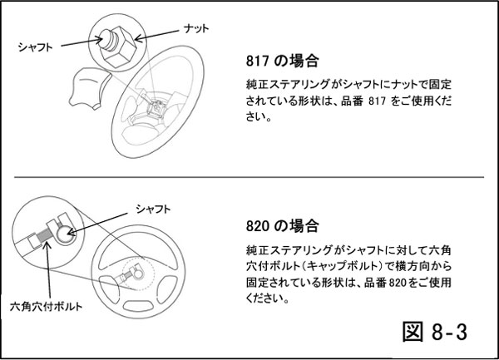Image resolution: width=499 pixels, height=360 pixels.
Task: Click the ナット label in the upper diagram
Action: click(x=196, y=28)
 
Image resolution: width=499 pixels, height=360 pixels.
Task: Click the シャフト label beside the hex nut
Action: click(x=35, y=47)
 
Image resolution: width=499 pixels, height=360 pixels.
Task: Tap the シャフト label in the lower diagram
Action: click(x=153, y=209)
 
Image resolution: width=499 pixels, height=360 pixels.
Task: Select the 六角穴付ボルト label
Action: click(x=46, y=307)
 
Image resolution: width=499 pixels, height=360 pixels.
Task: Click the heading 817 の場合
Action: click(x=282, y=61)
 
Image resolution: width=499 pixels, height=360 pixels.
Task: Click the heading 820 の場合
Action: click(x=282, y=226)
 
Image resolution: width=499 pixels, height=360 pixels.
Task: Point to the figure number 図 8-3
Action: click(x=435, y=332)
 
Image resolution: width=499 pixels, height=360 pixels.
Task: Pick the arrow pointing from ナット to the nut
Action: click(x=156, y=35)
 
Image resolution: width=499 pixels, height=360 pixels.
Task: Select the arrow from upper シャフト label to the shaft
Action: click(x=82, y=42)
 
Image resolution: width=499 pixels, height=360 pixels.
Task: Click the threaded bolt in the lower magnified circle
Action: click(x=45, y=235)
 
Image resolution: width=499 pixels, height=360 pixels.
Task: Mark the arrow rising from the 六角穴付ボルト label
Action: click(x=48, y=270)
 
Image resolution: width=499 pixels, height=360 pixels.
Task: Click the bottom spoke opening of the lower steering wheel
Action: click(x=138, y=306)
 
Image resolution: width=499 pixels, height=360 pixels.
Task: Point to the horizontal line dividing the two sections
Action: click(x=249, y=177)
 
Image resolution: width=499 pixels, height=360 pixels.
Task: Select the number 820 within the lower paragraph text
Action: click(x=398, y=283)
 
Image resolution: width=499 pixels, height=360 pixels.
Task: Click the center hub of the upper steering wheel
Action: click(x=156, y=107)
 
